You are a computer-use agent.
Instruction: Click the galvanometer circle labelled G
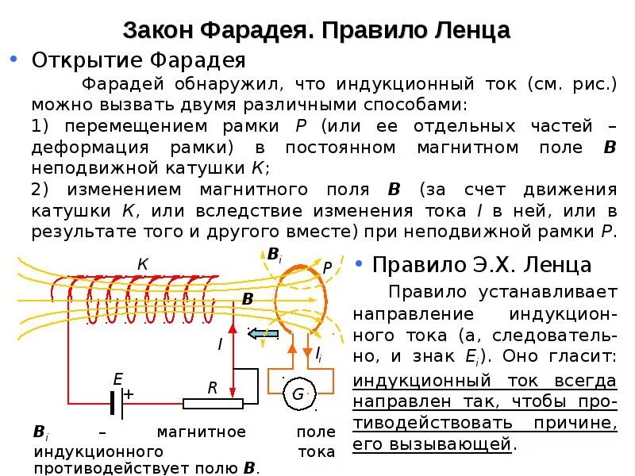[x=298, y=394]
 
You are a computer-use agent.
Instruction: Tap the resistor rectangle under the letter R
[x=213, y=403]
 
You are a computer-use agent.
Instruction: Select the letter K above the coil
[x=143, y=264]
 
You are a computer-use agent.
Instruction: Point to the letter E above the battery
[x=117, y=379]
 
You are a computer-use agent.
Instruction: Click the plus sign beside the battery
[x=129, y=393]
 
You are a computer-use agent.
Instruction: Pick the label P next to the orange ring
[x=327, y=268]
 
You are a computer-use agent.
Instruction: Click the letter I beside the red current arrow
[x=220, y=344]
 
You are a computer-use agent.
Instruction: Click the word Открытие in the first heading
[x=76, y=60]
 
